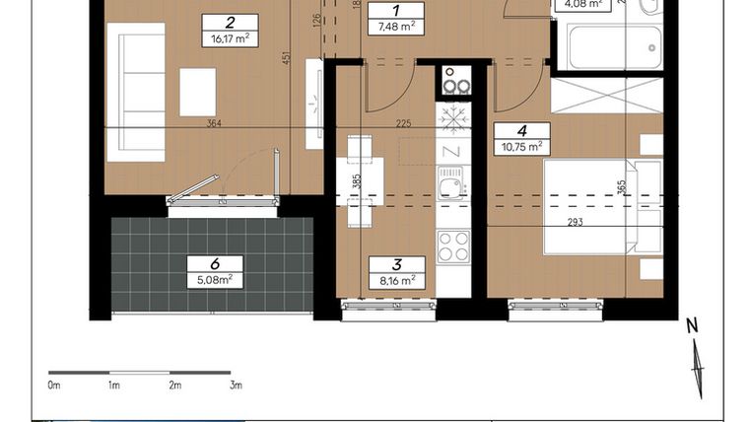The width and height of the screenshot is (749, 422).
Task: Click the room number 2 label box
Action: pos(229,23)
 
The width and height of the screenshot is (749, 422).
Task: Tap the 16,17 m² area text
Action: pos(229,40)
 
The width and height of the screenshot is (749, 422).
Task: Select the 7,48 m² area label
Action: pos(394,27)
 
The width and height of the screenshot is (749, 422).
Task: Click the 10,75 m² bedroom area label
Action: pos(522,147)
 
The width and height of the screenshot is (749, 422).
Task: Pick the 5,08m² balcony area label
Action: pos(214,280)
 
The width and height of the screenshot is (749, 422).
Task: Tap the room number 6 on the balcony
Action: pos(214,263)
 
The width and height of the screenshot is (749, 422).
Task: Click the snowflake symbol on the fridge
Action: pos(453,119)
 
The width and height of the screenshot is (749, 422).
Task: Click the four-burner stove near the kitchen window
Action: pos(453,246)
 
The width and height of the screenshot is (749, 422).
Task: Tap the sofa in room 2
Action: pos(135,92)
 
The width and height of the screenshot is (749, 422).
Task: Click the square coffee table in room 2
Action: pos(197,92)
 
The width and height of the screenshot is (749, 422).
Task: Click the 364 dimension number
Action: pos(215,123)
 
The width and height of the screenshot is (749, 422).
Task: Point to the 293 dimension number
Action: pos(575,222)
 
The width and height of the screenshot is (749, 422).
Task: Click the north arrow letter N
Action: pos(692,326)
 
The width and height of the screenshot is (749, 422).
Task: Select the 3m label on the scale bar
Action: pos(235,386)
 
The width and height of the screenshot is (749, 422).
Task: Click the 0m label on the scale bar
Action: pos(54,386)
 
